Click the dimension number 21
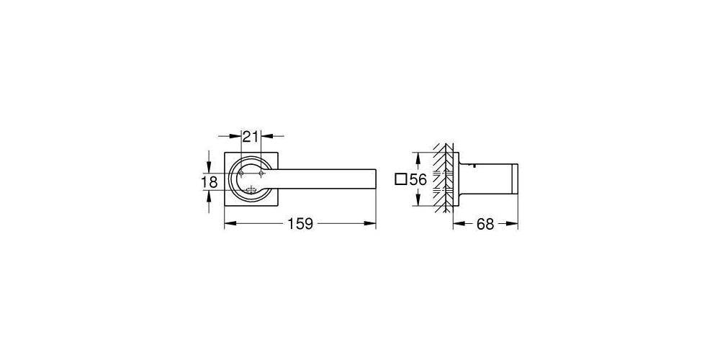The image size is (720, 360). [x=250, y=137]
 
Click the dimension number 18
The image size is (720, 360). [x=209, y=182]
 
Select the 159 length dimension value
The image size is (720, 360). [x=300, y=224]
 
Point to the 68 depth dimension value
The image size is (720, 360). [x=485, y=224]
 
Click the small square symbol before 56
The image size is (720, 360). [x=401, y=180]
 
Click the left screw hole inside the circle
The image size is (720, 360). [x=241, y=173]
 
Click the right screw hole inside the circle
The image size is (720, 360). [x=261, y=173]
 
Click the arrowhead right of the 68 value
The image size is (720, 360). [x=514, y=224]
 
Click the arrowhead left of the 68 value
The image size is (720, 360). [x=456, y=224]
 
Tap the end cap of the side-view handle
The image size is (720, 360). [x=514, y=180]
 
